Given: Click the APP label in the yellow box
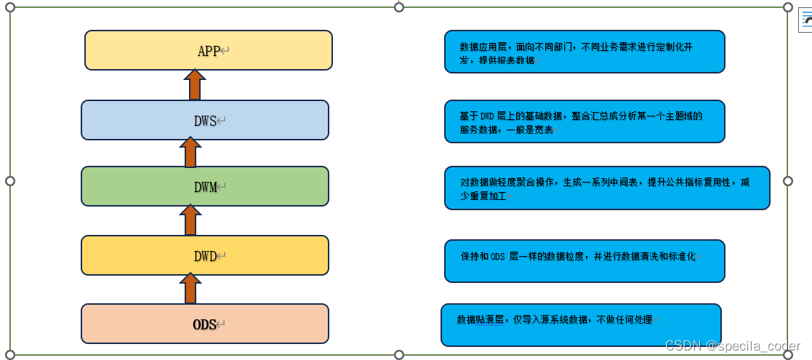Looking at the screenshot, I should coord(209,51).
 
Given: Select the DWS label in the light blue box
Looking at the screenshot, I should coord(206,121).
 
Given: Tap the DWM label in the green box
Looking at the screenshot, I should coord(206,187).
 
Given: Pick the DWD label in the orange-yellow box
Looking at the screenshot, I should coord(206,256).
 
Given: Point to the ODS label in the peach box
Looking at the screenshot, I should coord(205,324).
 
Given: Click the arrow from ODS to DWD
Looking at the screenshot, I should coord(190,288).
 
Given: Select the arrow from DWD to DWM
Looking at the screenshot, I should coord(190,220).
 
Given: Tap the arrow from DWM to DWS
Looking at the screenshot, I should coord(190,153).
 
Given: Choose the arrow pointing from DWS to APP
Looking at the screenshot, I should coord(194,84).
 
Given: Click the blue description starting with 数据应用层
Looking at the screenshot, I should coord(584,52).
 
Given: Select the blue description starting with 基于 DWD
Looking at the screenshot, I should coord(584,121).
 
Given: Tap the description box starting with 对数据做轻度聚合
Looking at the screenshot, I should coord(607,188).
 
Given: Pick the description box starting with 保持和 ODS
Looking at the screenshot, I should coord(584,260).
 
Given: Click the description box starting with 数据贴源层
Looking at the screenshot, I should coord(581,324).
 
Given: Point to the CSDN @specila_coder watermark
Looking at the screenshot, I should coord(733,346).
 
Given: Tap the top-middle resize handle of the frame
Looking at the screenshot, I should coord(398,7).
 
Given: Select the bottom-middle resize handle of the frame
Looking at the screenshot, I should coord(398,354).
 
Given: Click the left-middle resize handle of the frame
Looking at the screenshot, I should coord(10,180).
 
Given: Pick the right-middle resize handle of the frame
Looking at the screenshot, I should coord(788,180).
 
